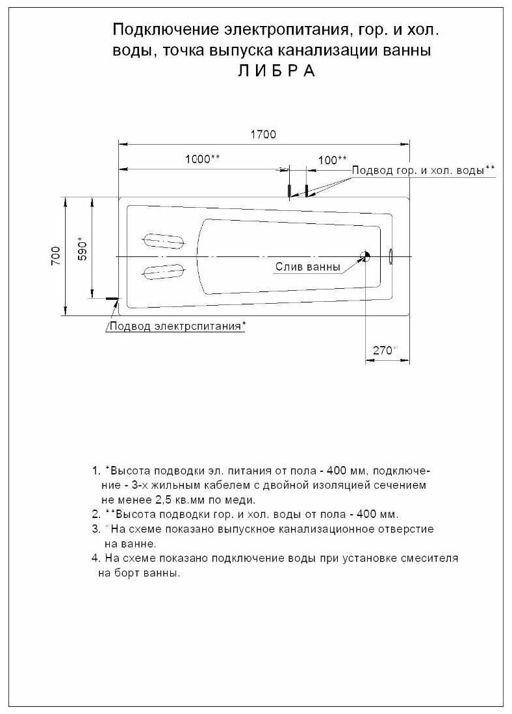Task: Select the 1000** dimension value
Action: click(202, 159)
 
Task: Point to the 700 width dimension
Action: click(55, 256)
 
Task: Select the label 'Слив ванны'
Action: click(307, 266)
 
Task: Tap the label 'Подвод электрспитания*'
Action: click(176, 326)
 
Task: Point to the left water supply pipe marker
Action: click(288, 190)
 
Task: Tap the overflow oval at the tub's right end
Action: click(390, 256)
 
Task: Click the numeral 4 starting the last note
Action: click(95, 558)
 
